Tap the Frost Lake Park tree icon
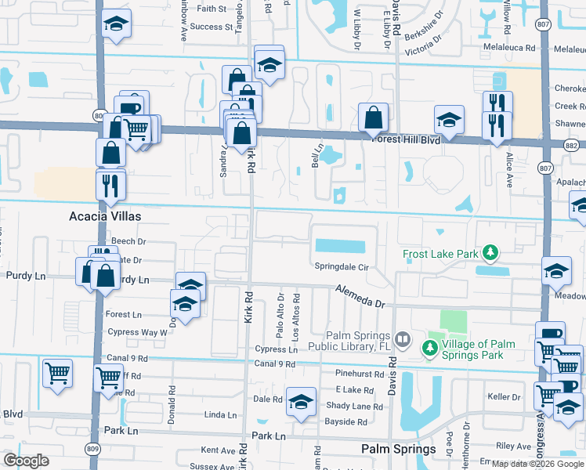(490, 253)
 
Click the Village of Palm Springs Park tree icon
(430, 346)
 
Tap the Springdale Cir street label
(342, 266)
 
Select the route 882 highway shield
(572, 145)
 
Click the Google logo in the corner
(26, 460)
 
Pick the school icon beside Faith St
(116, 23)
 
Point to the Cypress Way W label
(136, 332)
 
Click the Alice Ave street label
(508, 169)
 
